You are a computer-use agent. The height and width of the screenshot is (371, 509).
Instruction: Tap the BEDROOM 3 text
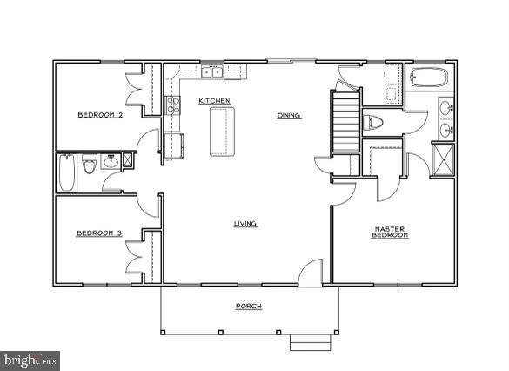[98, 233]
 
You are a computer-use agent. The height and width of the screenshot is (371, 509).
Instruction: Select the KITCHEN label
[214, 101]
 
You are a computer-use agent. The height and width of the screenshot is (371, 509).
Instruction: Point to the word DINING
[289, 115]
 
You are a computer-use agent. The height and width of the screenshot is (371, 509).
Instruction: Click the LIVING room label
[245, 224]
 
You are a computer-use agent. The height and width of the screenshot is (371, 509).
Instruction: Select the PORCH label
[249, 306]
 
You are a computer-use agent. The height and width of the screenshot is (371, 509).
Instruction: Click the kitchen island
[223, 132]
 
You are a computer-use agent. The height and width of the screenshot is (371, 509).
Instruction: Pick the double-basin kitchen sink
[211, 72]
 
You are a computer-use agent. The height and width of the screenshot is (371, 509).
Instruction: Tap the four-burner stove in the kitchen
[173, 106]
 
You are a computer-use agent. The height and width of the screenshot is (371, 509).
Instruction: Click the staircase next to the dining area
[345, 122]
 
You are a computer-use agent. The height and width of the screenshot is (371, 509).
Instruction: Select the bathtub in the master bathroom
[427, 78]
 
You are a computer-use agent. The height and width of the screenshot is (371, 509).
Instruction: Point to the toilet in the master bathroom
[372, 122]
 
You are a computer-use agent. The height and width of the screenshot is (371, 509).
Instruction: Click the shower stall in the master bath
[445, 161]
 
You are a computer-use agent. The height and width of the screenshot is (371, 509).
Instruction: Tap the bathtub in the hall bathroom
[67, 172]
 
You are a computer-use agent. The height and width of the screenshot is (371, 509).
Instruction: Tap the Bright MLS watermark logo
[30, 359]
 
